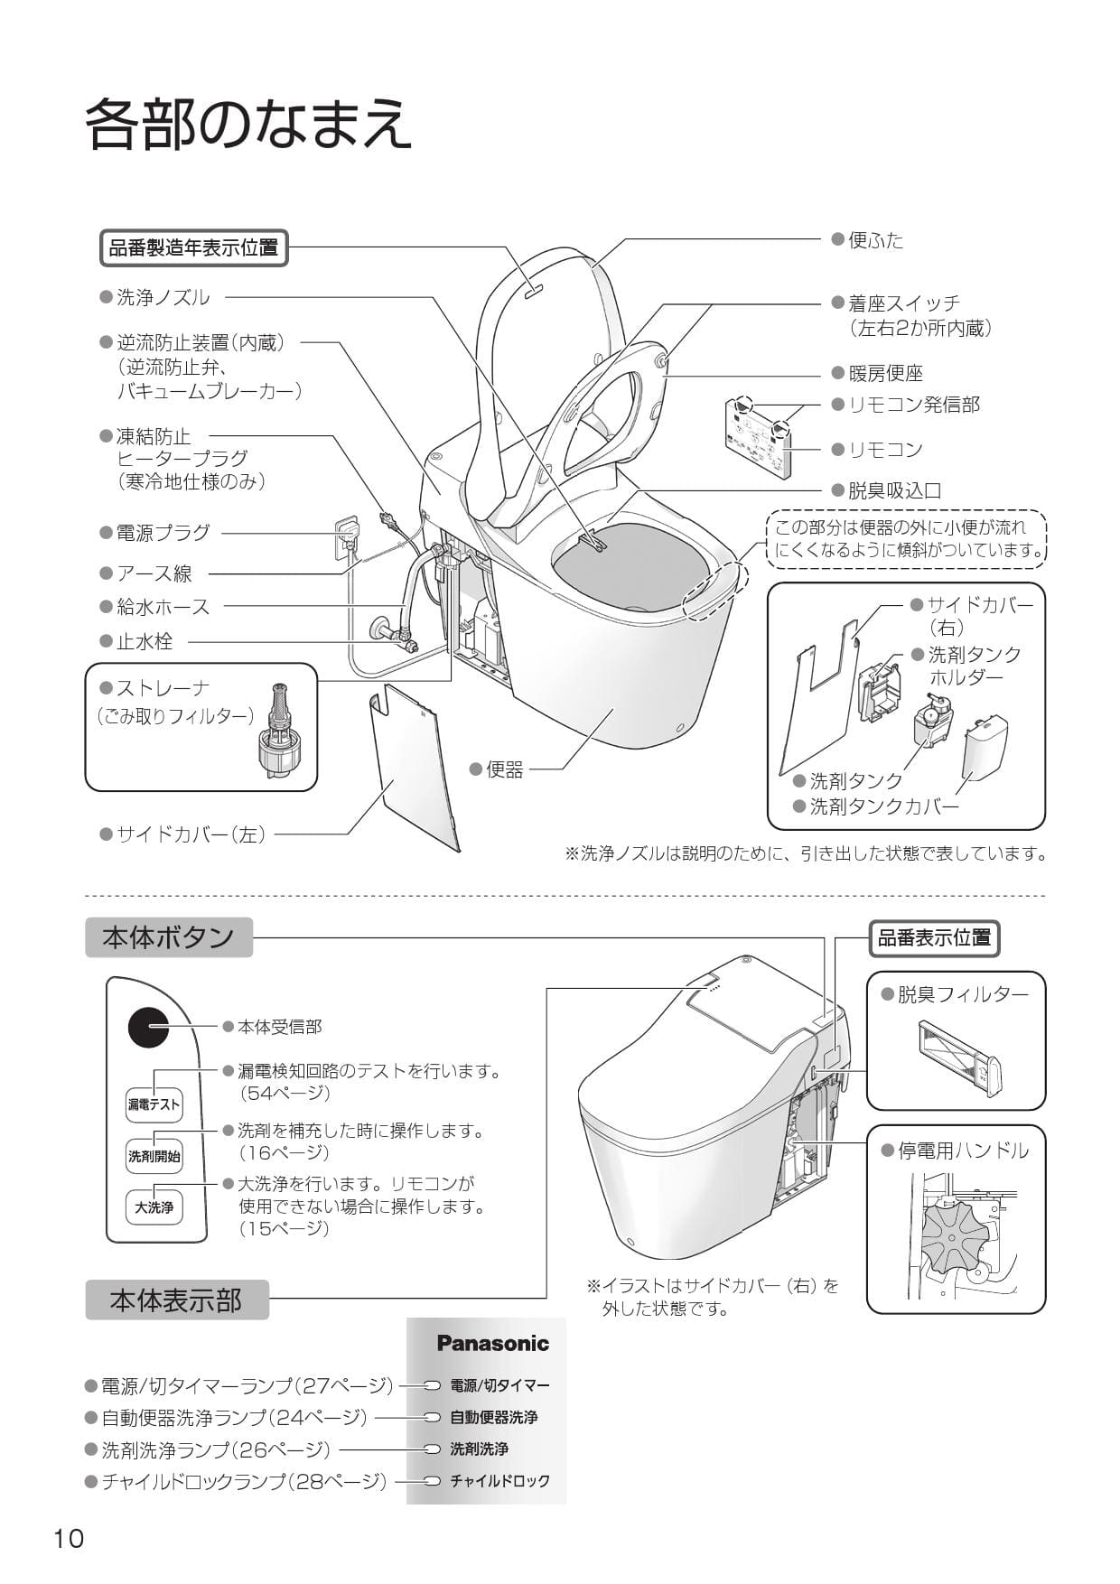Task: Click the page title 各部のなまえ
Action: (248, 124)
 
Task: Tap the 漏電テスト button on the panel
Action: (154, 1104)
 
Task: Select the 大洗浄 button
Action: (154, 1207)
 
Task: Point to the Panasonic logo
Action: (492, 1343)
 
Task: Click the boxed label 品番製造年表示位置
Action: (193, 247)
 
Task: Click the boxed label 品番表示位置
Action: (934, 938)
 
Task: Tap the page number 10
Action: (68, 1538)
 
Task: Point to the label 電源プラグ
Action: (163, 533)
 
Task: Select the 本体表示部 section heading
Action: (177, 1300)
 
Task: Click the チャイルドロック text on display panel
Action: (499, 1481)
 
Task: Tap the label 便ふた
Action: (875, 240)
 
